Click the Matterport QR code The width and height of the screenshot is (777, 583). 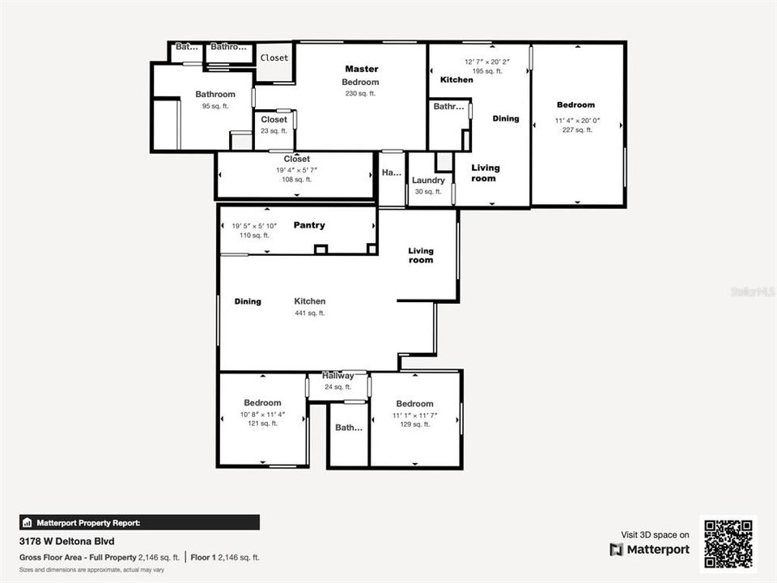click(x=728, y=543)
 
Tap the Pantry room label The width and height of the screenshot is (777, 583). click(x=309, y=225)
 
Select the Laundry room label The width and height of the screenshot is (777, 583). click(x=428, y=181)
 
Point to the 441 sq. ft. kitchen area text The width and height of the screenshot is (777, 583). click(x=309, y=313)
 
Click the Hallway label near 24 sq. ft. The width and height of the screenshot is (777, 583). click(x=338, y=376)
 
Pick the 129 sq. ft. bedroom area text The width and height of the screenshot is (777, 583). click(x=414, y=424)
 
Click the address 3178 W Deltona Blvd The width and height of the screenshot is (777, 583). click(x=67, y=540)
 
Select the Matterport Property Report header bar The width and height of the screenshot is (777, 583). click(x=139, y=522)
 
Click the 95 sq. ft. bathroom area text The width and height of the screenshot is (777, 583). click(x=215, y=106)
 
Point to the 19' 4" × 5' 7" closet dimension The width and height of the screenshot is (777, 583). click(x=296, y=170)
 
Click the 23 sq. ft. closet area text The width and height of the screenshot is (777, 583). click(x=274, y=130)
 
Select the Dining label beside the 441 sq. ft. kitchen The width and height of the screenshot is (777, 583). click(x=248, y=302)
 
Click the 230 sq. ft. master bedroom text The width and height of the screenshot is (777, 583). click(x=360, y=94)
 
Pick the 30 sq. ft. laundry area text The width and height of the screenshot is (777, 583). click(x=428, y=192)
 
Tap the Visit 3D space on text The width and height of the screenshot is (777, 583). click(x=655, y=534)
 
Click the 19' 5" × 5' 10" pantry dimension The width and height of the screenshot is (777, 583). click(x=254, y=226)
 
